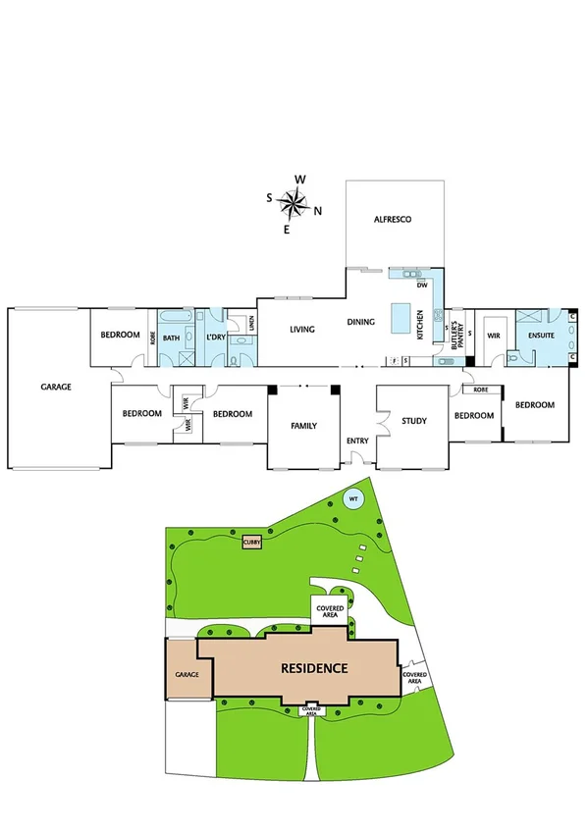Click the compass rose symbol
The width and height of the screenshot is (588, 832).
(293, 203)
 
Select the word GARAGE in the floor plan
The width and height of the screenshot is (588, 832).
(56, 388)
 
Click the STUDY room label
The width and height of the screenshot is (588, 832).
(413, 421)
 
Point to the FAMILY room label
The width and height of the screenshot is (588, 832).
(303, 427)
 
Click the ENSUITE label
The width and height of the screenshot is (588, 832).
(542, 337)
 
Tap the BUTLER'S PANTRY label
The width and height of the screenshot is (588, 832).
(455, 337)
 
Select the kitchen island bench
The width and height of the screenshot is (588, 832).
(400, 319)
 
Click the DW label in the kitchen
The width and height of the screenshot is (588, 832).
(422, 286)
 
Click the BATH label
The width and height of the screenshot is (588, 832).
(172, 338)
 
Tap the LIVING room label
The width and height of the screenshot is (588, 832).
(301, 329)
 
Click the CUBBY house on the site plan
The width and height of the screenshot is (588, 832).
(252, 541)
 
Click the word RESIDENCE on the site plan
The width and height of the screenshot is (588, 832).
(315, 668)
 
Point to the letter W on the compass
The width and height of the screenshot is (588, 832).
(301, 179)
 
